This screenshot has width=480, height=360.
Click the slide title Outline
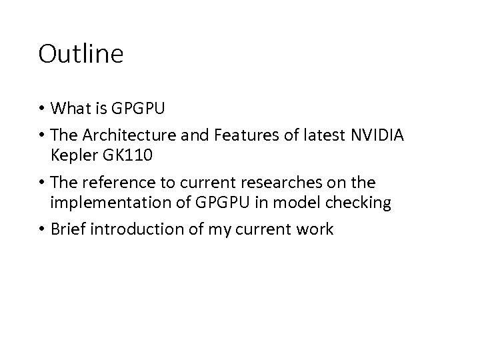tap(81, 54)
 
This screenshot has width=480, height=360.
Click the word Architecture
tap(133, 136)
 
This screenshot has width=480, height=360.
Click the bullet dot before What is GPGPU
tap(42, 108)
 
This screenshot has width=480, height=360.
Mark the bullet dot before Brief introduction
tap(42, 231)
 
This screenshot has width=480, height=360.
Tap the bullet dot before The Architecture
tap(42, 137)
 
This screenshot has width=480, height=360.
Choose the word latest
tap(320, 136)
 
